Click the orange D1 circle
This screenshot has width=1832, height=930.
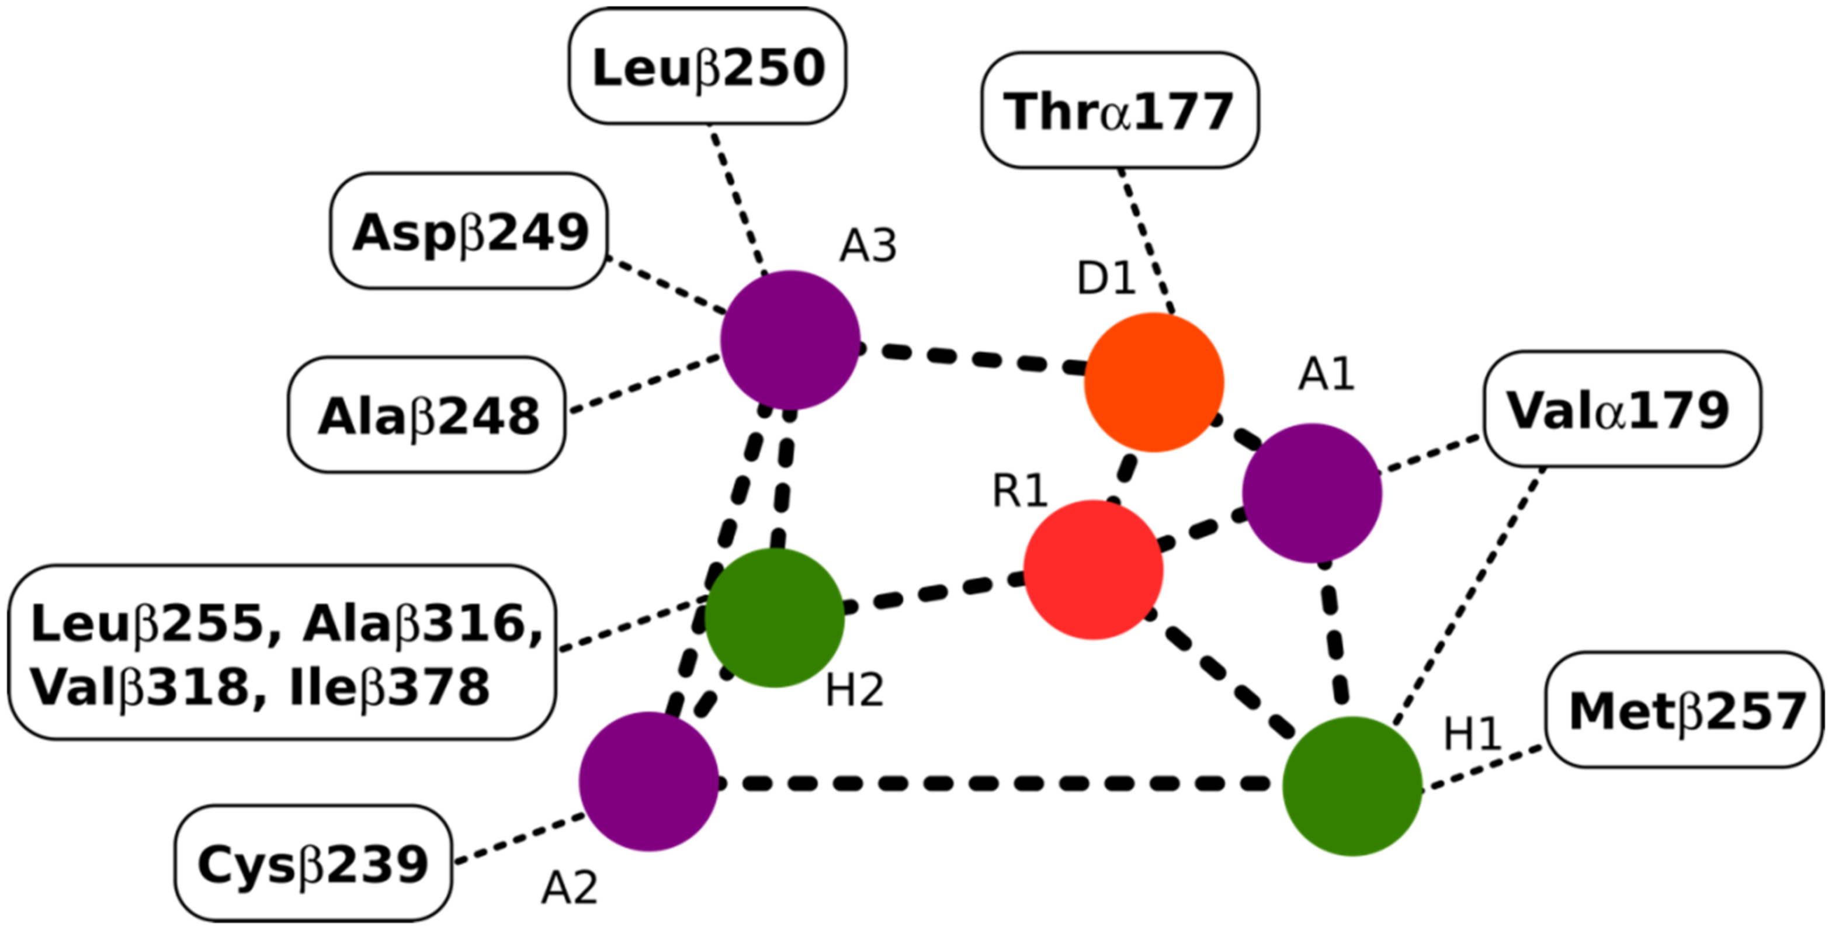1154,383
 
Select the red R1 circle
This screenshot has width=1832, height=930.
1093,570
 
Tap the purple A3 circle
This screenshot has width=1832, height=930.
790,340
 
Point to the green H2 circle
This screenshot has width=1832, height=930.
775,617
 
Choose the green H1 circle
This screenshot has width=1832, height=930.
1352,786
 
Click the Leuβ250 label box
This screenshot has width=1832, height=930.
707,67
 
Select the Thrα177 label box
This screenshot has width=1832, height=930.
1119,110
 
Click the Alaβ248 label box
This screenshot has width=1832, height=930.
426,415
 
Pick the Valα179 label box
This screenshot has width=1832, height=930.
1622,409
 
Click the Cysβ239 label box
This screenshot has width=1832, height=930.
314,863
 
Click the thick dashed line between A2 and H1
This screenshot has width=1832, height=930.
995,783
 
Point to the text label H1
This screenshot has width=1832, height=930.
1472,733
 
